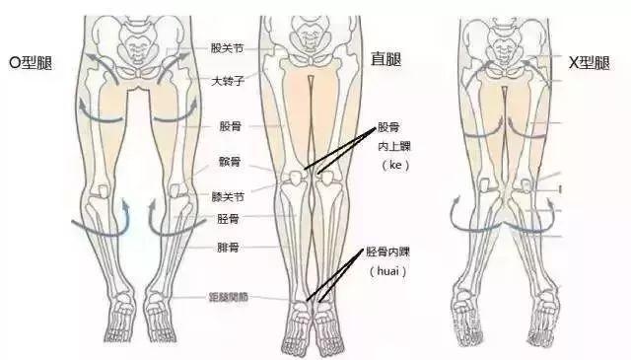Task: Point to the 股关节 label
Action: click(228, 47)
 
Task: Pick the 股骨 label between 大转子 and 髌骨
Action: click(228, 127)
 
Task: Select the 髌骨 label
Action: click(228, 161)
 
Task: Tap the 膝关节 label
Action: click(228, 196)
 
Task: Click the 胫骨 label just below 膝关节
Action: click(228, 218)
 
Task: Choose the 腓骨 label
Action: click(228, 248)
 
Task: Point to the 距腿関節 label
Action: click(231, 296)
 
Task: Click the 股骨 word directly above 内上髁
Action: click(389, 128)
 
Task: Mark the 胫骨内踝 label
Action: click(387, 252)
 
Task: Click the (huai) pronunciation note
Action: click(387, 270)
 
